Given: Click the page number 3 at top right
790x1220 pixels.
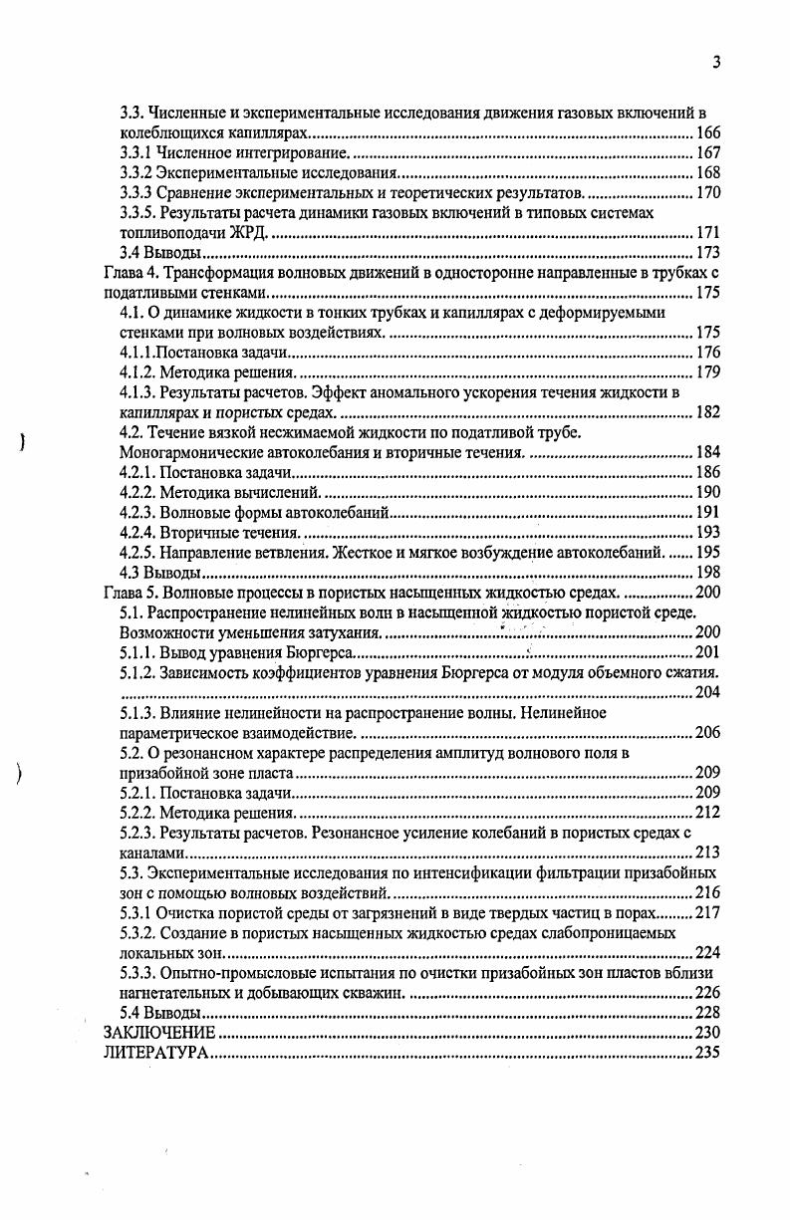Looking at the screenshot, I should click(x=716, y=63).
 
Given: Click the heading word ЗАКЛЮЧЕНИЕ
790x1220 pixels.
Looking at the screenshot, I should click(x=159, y=1033).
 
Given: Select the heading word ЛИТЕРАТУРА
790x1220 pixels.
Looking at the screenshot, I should click(x=156, y=1053).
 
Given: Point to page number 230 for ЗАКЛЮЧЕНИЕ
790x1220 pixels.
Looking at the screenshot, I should click(x=707, y=1033).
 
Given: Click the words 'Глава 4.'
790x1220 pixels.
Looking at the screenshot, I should click(x=132, y=273).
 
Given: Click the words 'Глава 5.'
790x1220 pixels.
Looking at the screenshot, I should click(x=132, y=593).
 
